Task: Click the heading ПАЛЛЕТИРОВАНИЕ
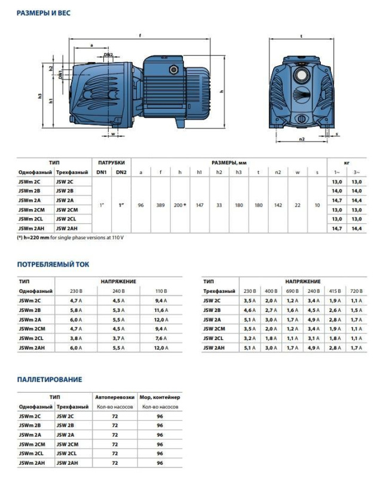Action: (49, 379)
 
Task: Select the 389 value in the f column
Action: (160, 205)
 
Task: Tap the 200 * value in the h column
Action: (180, 205)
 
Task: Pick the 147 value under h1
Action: (200, 205)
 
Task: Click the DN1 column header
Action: (101, 172)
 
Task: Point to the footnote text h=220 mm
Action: (38, 238)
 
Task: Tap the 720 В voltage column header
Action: (357, 290)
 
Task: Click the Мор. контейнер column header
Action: (160, 397)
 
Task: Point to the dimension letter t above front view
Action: (302, 36)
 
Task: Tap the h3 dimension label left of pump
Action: (40, 95)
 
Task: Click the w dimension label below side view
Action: (113, 134)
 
